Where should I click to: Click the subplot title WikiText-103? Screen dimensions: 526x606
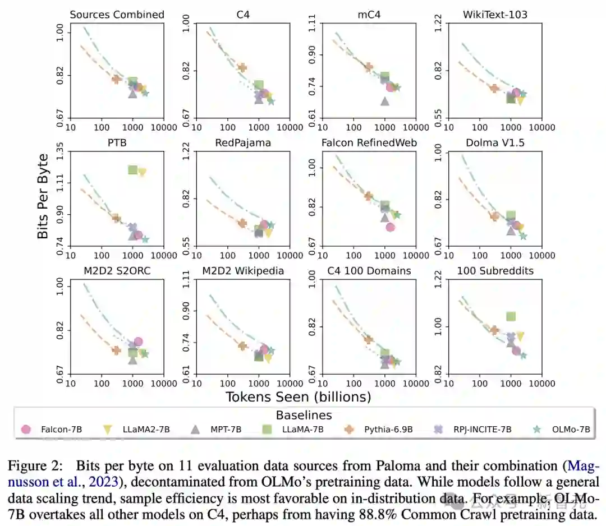tap(488, 15)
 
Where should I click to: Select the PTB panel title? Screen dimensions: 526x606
tap(117, 142)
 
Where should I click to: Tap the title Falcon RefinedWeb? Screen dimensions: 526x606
tap(369, 142)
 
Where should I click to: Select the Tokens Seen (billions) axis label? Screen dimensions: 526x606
tap(298, 397)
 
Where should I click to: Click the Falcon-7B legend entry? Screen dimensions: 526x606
tap(54, 430)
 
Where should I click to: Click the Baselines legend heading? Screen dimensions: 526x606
tap(304, 416)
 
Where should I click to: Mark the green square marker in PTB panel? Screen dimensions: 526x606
tap(133, 169)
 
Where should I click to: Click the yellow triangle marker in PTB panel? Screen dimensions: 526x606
tap(142, 173)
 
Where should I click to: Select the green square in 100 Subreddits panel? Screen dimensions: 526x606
tap(511, 317)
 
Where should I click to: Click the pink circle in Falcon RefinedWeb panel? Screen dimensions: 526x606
tap(391, 227)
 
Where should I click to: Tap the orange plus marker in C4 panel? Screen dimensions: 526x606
tap(242, 68)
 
